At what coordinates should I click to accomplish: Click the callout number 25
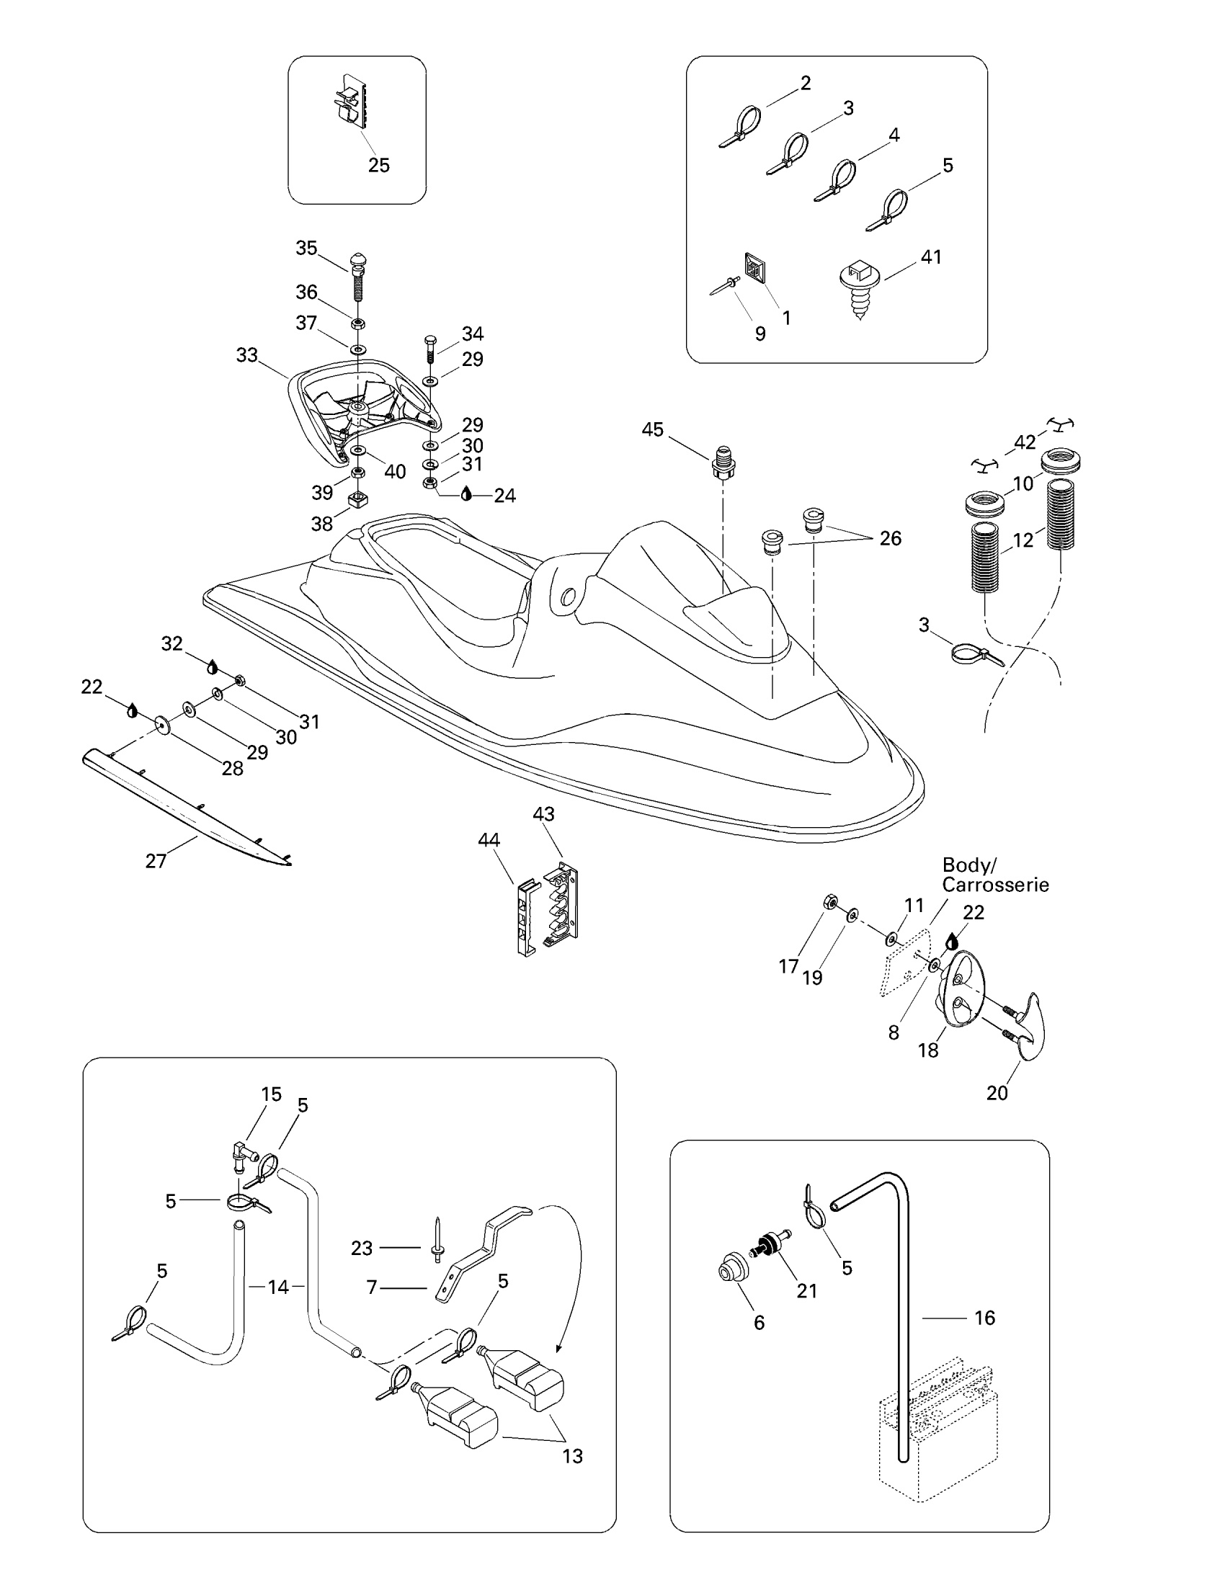click(379, 166)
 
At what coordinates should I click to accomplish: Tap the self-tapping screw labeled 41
click(859, 286)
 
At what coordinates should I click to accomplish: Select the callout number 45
click(652, 429)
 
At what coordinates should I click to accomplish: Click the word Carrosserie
click(995, 885)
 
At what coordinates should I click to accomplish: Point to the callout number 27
click(156, 861)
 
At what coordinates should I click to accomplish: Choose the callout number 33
click(246, 355)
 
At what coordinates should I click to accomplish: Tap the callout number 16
click(984, 1317)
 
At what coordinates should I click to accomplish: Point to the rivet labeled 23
click(437, 1242)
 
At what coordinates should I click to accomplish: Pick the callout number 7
click(373, 1287)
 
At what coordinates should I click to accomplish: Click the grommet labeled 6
click(726, 1269)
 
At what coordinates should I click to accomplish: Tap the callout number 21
click(806, 1290)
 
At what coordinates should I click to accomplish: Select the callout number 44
click(489, 839)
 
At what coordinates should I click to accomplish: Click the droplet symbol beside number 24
click(467, 494)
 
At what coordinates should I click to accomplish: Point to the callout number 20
click(997, 1092)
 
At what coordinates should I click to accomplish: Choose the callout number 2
click(806, 83)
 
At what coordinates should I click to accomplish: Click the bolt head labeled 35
click(358, 259)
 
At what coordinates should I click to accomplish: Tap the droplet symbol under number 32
click(213, 667)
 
